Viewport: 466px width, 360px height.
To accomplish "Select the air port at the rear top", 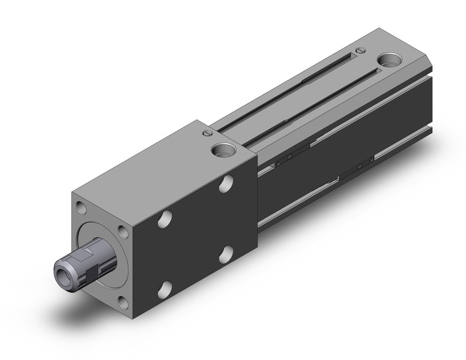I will (388, 61).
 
